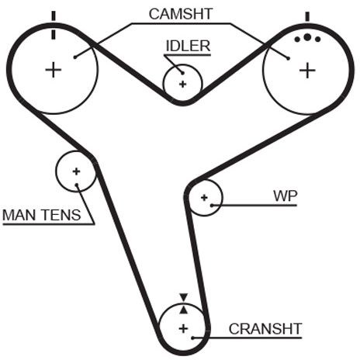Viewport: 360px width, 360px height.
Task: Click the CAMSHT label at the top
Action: [181, 14]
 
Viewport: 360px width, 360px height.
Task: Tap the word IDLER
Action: [188, 46]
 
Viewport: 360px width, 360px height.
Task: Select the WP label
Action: [286, 196]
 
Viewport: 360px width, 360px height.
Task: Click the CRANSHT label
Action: [265, 329]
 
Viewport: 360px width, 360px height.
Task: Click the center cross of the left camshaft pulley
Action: [54, 70]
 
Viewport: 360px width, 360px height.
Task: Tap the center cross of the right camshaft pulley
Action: [307, 70]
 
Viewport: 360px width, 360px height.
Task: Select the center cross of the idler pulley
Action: [183, 84]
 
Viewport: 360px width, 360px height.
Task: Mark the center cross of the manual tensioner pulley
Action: [76, 171]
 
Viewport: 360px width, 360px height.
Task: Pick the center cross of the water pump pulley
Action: [204, 198]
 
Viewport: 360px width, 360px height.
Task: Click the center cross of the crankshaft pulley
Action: [183, 329]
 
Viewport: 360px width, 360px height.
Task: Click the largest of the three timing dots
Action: [307, 37]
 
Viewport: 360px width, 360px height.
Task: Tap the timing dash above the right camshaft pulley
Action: [307, 16]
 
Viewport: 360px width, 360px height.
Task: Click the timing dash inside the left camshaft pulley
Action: [54, 34]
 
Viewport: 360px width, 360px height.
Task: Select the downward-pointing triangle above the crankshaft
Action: [184, 297]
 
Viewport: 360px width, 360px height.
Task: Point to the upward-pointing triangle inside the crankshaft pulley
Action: [184, 310]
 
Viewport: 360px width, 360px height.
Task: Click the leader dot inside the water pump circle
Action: [212, 206]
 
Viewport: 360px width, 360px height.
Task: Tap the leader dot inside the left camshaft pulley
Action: [75, 57]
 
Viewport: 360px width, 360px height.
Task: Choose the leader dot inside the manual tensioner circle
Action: [77, 185]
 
